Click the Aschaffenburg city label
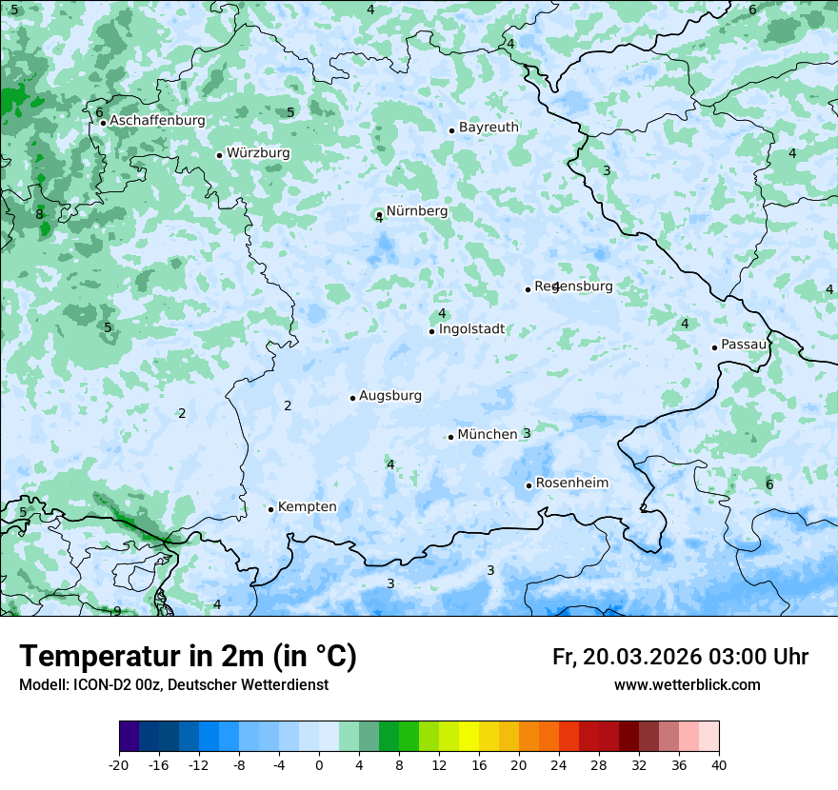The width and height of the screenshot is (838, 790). point(157,121)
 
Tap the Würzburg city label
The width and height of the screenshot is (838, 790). point(258,153)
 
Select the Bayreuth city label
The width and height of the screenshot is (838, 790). point(489,128)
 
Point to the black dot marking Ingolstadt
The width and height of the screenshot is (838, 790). point(431,331)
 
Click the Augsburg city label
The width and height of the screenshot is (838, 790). point(390,396)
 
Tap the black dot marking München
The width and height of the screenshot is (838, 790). point(451,437)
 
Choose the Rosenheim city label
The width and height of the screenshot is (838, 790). point(571,484)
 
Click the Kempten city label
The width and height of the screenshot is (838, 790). point(307,507)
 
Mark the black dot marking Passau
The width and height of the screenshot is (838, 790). point(714,347)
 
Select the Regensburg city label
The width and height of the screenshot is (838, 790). point(573,286)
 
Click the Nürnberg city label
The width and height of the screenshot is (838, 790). point(416,211)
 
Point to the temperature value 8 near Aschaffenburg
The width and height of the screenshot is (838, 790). point(39,215)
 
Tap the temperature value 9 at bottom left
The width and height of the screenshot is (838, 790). point(117,611)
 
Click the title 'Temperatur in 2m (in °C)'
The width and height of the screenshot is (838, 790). point(188,657)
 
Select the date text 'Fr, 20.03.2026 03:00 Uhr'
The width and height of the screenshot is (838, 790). point(680,658)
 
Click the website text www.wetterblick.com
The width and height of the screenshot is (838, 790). point(687,685)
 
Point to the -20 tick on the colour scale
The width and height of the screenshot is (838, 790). point(119,764)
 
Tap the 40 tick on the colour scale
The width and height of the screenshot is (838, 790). point(719,764)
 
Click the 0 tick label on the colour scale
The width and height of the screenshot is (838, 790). point(319,764)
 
